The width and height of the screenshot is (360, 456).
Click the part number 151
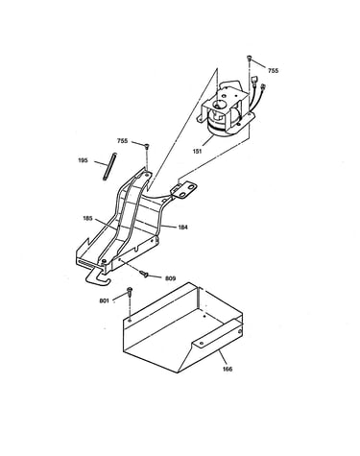click(198, 151)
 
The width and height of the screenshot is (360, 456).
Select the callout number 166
click(228, 369)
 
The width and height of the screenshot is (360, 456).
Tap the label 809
click(170, 278)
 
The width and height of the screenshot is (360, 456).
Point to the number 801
click(105, 300)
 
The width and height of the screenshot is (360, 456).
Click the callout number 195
click(83, 160)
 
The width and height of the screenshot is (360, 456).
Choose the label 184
click(182, 228)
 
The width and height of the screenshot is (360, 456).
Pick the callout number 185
click(87, 218)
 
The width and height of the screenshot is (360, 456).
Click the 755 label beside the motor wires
click(273, 71)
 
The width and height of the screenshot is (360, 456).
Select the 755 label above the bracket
click(122, 141)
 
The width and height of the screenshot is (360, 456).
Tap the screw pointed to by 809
click(144, 274)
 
